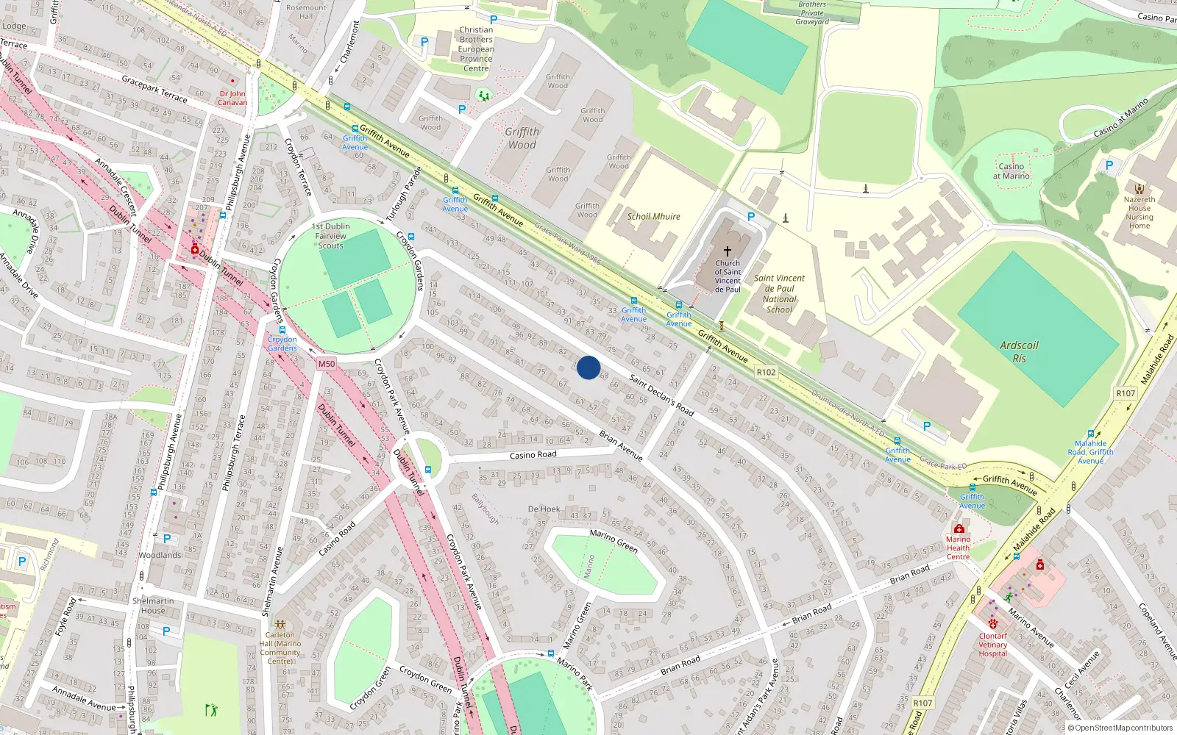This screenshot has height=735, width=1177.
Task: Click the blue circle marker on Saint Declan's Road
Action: [x=588, y=367]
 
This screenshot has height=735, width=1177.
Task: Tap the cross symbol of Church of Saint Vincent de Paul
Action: [x=728, y=251]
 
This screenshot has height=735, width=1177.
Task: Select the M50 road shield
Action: [x=327, y=364]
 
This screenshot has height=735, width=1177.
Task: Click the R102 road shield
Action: [x=766, y=372]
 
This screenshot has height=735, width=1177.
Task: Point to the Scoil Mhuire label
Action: [x=653, y=217]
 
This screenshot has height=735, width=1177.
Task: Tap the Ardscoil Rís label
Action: [x=1019, y=351]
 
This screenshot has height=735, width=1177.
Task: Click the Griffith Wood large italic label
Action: [x=522, y=138]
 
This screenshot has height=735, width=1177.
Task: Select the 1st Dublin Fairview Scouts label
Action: [x=331, y=236]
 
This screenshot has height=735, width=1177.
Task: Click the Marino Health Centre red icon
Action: [x=959, y=528]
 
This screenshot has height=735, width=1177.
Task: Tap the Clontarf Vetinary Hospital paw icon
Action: [x=992, y=624]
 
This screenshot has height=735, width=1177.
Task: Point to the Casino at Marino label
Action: [x=1011, y=171]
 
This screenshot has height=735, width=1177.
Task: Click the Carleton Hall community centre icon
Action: [x=280, y=624]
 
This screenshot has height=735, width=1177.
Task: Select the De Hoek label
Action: [x=544, y=509]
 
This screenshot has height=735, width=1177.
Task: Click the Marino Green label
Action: [x=614, y=540]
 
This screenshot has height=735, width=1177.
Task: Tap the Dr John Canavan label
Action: [x=232, y=98]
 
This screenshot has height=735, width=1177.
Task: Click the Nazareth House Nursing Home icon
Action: [x=1139, y=189]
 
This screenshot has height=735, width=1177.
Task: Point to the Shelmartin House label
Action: [x=153, y=606]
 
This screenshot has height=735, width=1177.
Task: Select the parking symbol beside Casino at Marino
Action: [x=1109, y=165]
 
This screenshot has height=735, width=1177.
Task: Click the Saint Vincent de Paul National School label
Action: [x=779, y=294]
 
